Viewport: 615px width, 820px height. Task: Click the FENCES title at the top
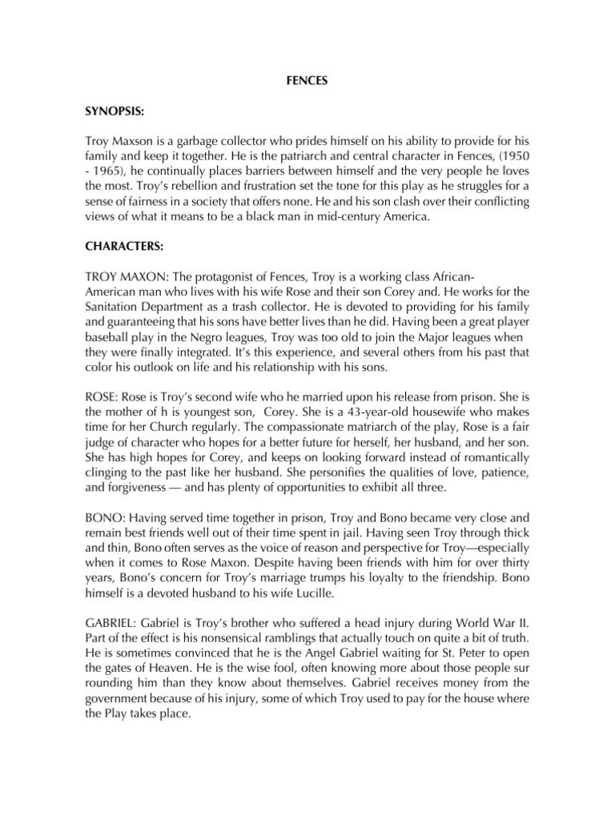[307, 81]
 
